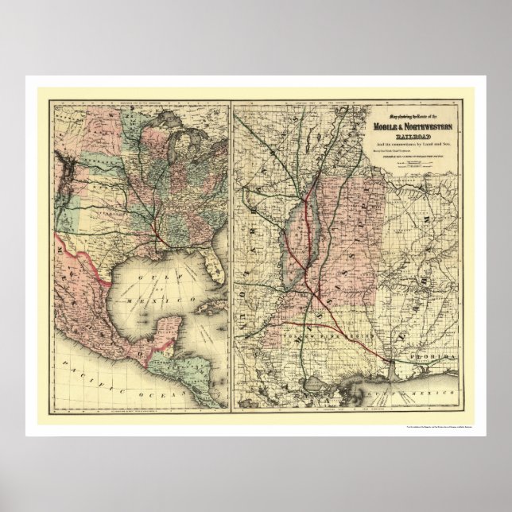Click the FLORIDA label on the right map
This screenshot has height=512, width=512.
tap(430, 359)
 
